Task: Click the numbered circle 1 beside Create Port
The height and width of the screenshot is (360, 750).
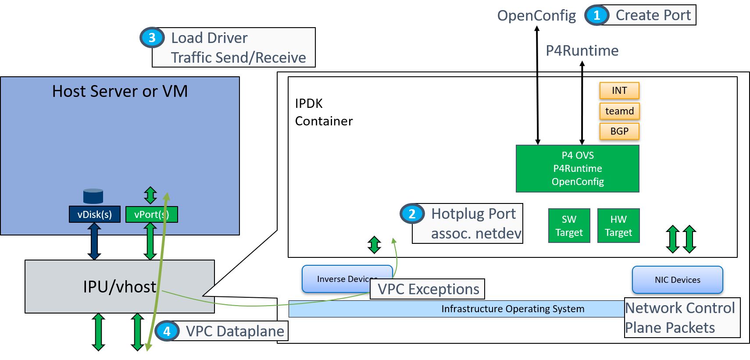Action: pos(596,15)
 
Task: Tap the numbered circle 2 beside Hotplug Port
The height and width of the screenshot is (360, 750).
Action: pos(412,214)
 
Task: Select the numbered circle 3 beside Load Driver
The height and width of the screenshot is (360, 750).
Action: pos(152,38)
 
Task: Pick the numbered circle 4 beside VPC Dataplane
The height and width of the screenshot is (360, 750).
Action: pos(167,331)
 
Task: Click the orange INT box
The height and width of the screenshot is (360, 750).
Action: pos(619,90)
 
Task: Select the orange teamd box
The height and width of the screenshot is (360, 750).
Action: pos(619,111)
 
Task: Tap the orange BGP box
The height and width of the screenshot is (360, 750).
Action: pos(619,131)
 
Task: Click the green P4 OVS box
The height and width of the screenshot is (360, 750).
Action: pos(577,168)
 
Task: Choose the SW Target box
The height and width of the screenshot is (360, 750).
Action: pos(569,226)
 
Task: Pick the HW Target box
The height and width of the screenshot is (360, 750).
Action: pos(618,226)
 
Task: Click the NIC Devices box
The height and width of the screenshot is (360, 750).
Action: pos(677,280)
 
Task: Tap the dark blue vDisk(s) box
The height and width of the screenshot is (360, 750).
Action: pos(95,214)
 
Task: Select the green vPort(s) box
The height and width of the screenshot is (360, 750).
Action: pos(151,214)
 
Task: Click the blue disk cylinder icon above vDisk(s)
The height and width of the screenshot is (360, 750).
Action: pos(93,196)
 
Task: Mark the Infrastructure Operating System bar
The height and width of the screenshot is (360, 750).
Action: pos(456,309)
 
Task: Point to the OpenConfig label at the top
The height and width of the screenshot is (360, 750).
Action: pos(536,16)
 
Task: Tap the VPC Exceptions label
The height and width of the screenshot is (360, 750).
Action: pos(428,289)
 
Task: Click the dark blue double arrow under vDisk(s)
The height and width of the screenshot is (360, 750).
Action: pos(94,241)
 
